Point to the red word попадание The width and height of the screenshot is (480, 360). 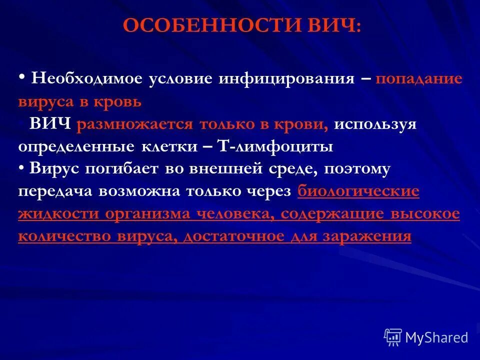click(x=418, y=79)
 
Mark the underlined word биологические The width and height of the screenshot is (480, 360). click(x=358, y=191)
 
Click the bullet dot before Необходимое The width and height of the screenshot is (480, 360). click(x=22, y=77)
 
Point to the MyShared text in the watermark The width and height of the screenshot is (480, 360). click(x=436, y=337)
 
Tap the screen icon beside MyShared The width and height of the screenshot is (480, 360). click(x=393, y=337)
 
